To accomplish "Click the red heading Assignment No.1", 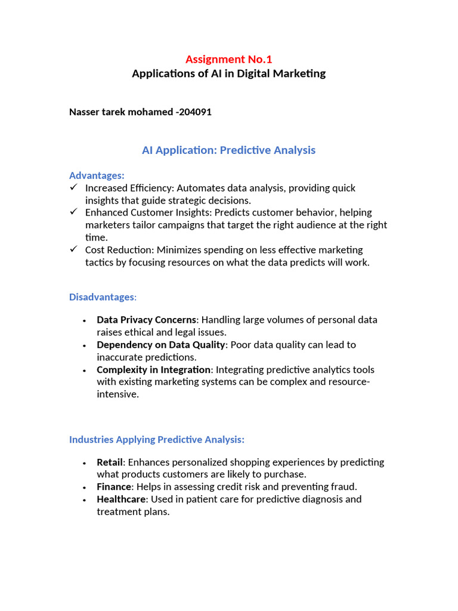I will tap(228, 59).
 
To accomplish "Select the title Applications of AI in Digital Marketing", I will tap(228, 74).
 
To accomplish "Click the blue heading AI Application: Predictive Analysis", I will tap(228, 150).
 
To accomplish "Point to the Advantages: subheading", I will tap(97, 175).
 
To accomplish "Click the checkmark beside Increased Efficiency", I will tap(74, 188).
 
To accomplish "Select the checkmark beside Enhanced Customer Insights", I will tap(74, 212).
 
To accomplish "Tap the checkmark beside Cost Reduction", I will tap(74, 249).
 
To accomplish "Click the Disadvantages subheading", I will tap(103, 297).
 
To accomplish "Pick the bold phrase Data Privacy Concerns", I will tap(146, 320).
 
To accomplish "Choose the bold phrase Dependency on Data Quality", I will tap(161, 345).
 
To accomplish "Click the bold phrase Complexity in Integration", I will tap(154, 370).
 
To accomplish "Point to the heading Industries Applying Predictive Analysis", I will tap(157, 440).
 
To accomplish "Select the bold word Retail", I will tap(110, 462).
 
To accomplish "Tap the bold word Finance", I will tap(114, 487).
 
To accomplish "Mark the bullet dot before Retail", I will tap(84, 463).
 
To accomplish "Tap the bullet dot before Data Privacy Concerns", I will tap(84, 320).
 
